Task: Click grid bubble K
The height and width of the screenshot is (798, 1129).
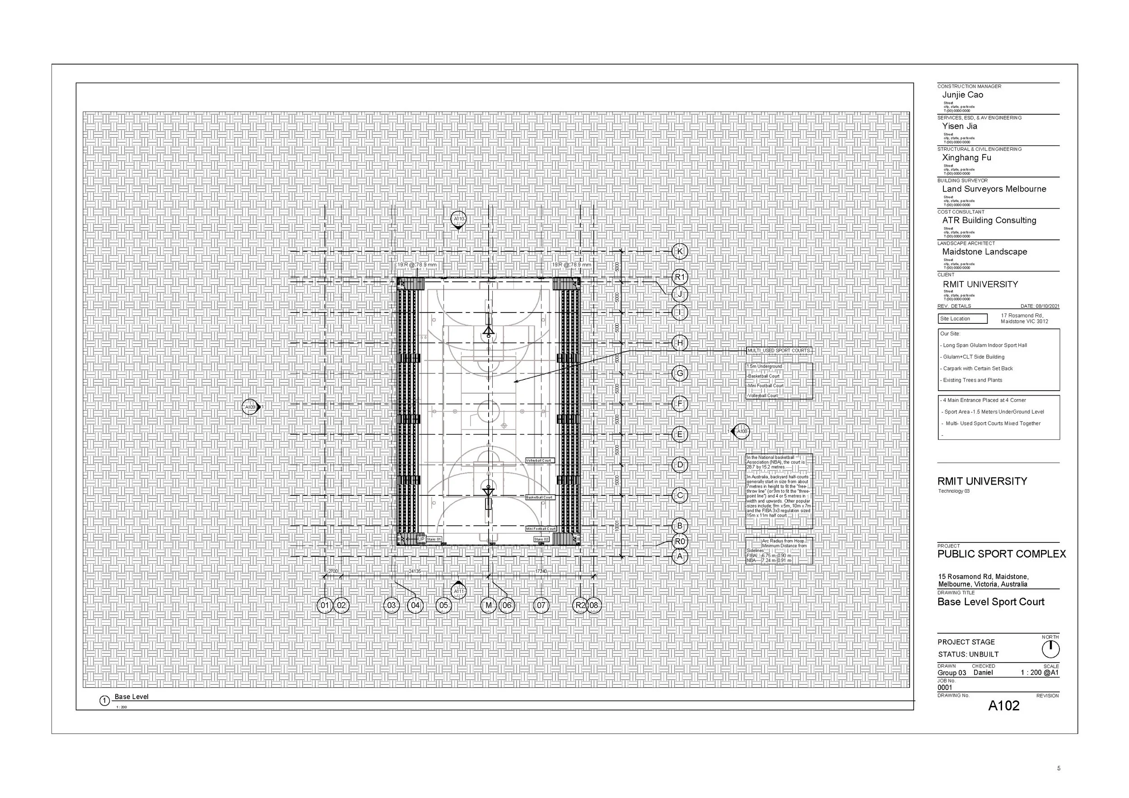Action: coord(680,251)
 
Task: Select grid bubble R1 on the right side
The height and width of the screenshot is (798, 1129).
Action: coord(680,277)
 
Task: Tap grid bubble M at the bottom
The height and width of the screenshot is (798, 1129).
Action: coord(488,605)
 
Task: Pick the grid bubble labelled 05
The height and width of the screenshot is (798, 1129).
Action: coord(443,605)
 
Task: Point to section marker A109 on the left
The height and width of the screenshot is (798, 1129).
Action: coord(250,407)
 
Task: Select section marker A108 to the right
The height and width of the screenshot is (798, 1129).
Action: coord(742,431)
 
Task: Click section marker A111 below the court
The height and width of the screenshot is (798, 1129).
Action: coord(458,591)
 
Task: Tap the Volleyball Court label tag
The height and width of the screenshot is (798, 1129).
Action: coord(539,461)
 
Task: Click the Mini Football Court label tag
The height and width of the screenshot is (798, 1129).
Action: coord(541,529)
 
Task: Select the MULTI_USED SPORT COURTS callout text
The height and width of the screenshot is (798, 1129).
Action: coord(779,350)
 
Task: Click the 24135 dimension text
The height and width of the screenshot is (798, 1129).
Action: coord(415,571)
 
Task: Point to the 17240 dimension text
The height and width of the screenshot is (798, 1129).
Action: coord(541,571)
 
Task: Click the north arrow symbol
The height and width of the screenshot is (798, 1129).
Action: coord(1050,649)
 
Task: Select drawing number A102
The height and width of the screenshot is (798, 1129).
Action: coord(1003,706)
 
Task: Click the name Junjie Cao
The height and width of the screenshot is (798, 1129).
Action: coord(962,95)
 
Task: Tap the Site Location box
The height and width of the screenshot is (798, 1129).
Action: coord(962,318)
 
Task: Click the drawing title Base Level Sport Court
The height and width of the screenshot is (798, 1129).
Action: coord(990,602)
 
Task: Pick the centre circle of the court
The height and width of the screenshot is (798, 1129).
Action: coord(488,411)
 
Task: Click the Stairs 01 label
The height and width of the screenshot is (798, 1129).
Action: coord(434,539)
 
